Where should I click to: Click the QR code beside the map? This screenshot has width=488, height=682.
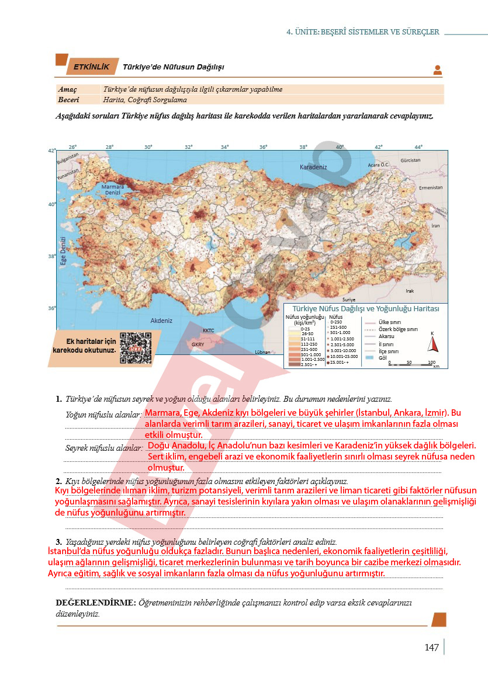(135, 348)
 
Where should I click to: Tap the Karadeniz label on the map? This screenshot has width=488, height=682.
(314, 167)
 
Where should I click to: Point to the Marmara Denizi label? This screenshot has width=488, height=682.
(113, 190)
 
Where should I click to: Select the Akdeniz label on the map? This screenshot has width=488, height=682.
(161, 321)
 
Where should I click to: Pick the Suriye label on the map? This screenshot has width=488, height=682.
(349, 298)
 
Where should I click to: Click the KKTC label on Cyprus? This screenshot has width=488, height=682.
(209, 330)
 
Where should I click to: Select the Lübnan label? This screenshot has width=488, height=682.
(263, 352)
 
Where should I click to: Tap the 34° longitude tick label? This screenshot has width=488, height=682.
(225, 147)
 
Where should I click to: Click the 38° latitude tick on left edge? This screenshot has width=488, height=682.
(52, 256)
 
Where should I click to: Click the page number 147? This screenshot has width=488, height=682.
(431, 648)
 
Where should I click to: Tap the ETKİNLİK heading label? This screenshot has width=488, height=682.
(91, 68)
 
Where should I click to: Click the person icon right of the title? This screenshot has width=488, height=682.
(437, 70)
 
